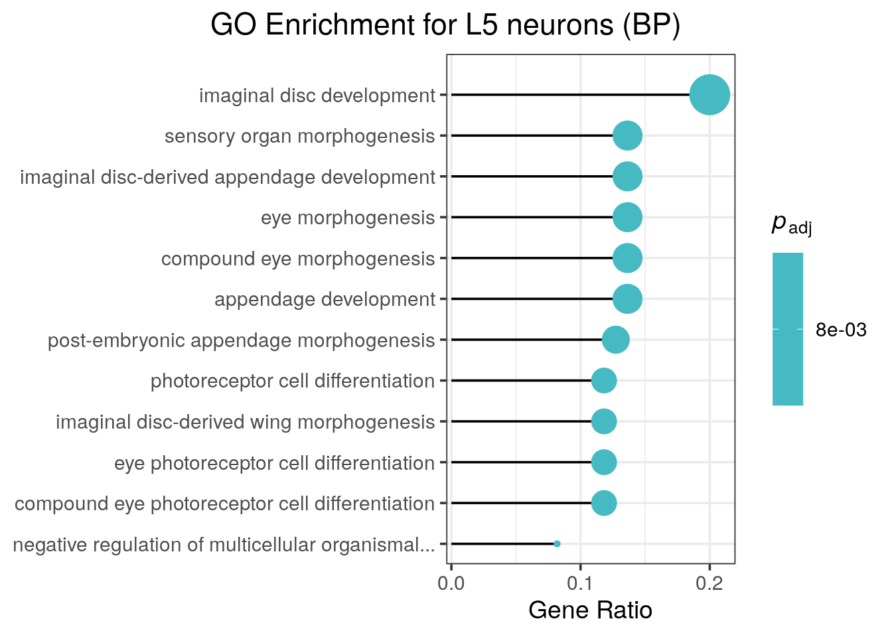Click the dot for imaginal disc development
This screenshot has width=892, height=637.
[709, 95]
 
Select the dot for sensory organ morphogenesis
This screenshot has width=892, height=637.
[627, 136]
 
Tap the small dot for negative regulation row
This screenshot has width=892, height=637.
[557, 544]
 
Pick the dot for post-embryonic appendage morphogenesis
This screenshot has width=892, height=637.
[615, 340]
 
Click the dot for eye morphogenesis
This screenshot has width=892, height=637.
[627, 218]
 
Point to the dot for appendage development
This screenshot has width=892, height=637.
[627, 299]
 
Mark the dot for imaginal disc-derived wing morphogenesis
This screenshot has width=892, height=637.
[604, 421]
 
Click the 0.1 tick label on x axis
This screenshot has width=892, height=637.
[580, 584]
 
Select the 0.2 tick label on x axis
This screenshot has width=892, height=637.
[709, 584]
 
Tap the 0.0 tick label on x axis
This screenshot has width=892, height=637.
[451, 584]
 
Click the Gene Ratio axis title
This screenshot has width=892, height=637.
[590, 610]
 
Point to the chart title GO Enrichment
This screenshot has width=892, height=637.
[445, 25]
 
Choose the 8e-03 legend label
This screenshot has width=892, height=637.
[841, 330]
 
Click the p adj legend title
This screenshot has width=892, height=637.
[791, 225]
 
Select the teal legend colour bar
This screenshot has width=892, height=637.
[788, 328]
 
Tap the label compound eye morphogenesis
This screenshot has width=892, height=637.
[298, 259]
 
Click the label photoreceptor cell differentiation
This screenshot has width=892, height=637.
[293, 381]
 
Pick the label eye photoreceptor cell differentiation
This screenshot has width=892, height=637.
[274, 463]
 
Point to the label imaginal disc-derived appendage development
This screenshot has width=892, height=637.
[228, 177]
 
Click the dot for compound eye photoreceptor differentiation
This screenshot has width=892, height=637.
[604, 503]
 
